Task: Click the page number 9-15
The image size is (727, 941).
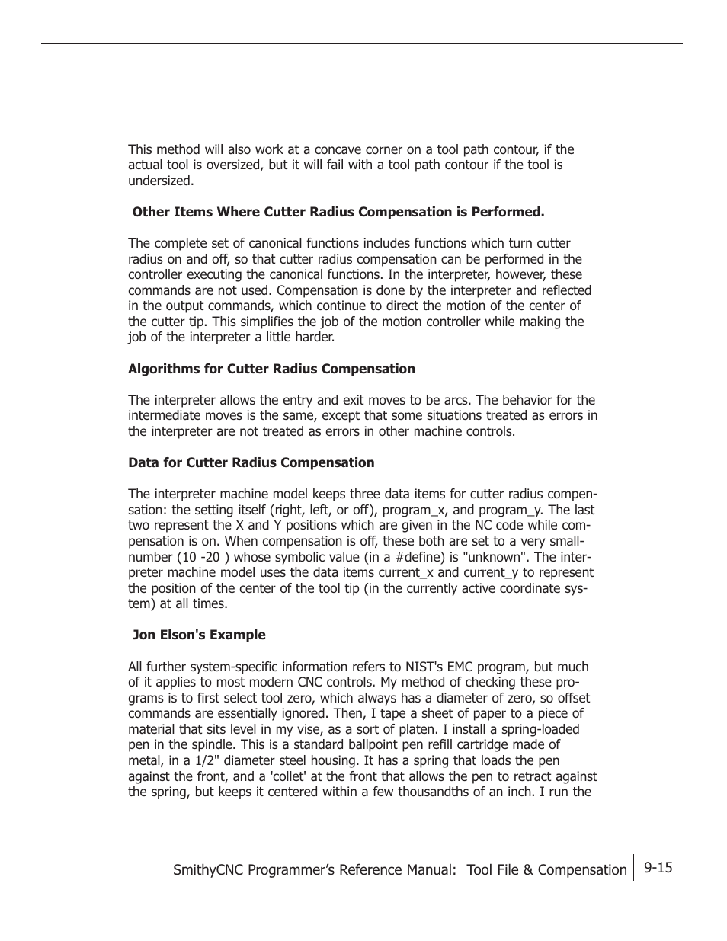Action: coord(658,867)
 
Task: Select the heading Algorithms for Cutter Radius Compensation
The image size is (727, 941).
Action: coord(271,369)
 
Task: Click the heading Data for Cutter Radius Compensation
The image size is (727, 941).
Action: coord(251,462)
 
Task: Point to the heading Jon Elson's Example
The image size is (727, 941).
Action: coord(199,635)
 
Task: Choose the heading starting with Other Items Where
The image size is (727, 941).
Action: coord(338,212)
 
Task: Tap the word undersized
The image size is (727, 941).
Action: coord(160,181)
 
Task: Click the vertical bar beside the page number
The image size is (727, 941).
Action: coord(633,867)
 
